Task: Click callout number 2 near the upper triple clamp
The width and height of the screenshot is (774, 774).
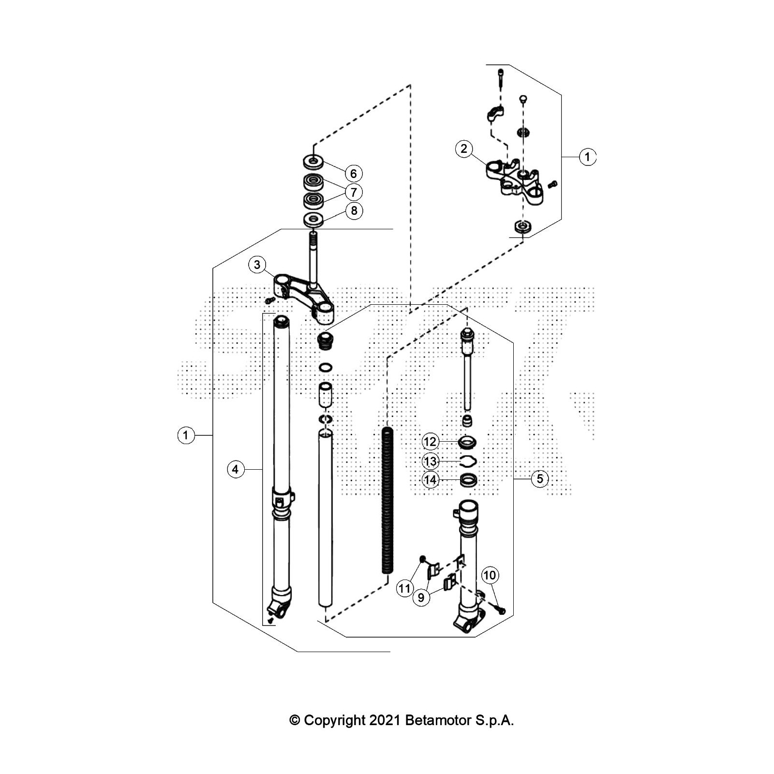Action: [464, 149]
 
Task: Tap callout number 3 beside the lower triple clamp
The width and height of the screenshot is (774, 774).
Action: [257, 265]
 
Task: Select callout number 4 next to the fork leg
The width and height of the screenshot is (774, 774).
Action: [235, 469]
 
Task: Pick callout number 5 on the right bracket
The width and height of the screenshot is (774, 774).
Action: [540, 479]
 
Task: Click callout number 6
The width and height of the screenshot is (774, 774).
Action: [354, 173]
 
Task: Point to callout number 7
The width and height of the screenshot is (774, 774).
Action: [354, 192]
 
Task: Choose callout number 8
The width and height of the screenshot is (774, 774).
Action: [354, 211]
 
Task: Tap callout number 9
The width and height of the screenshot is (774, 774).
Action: [421, 598]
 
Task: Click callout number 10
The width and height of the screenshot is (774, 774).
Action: [490, 575]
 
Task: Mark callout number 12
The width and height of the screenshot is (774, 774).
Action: [430, 442]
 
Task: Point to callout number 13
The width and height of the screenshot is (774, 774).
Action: [430, 461]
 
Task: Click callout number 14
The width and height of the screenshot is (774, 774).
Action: [430, 480]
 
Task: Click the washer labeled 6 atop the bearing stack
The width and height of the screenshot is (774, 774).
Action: [313, 160]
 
